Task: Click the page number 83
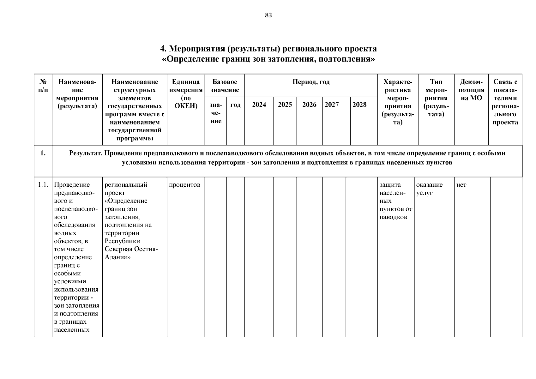point(268,15)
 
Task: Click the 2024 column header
point(259,105)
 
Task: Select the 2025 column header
point(285,105)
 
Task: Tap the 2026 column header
point(309,105)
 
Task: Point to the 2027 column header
point(332,105)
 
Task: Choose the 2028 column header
point(359,105)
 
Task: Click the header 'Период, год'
point(311,82)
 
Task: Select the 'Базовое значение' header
point(225,86)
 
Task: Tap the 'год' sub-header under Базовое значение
point(235,105)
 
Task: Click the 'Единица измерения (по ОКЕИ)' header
point(186,94)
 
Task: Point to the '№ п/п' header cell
point(43,86)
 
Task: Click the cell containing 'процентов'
point(184,185)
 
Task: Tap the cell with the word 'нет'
point(461,185)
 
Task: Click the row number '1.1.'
point(43,185)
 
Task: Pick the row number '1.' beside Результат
point(43,153)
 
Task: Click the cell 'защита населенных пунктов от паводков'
point(395,201)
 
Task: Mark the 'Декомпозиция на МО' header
point(471,90)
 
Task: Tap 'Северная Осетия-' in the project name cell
point(131,249)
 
